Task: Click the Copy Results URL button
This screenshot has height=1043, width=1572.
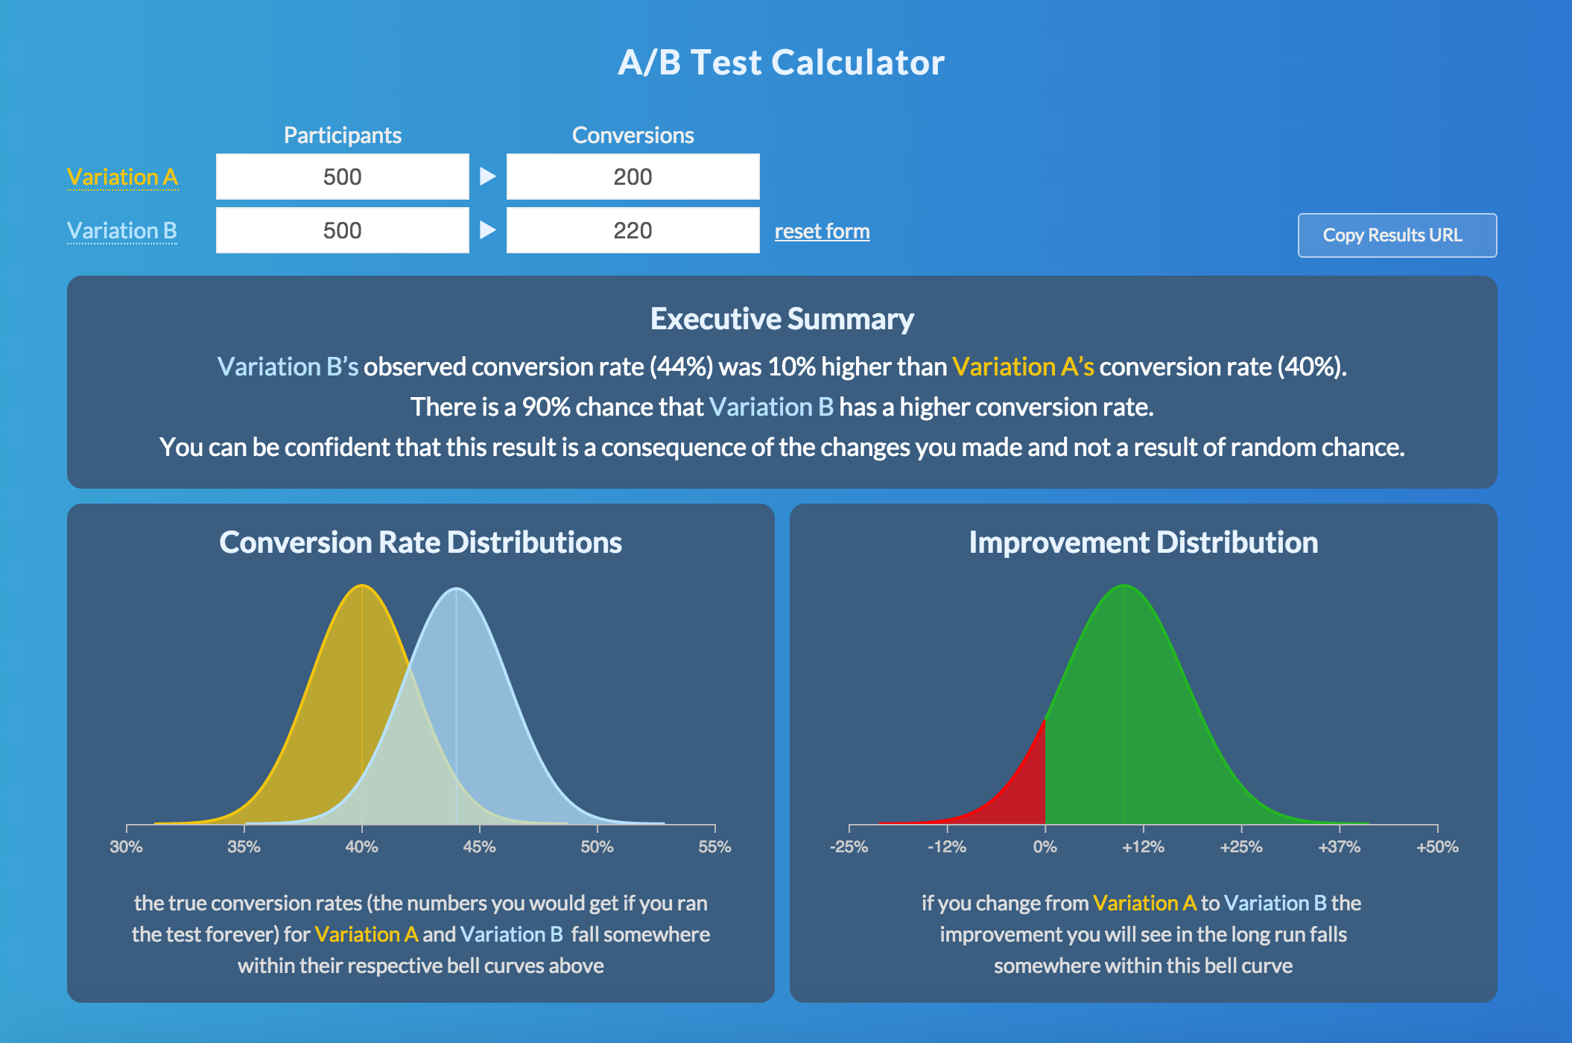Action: tap(1397, 235)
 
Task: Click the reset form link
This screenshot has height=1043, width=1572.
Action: tap(822, 232)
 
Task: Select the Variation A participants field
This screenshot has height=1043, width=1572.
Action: tap(342, 177)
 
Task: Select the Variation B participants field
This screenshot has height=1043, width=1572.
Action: tap(342, 231)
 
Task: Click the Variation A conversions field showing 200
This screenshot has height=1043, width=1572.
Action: tap(633, 177)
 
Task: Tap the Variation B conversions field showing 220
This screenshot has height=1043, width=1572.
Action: tap(633, 231)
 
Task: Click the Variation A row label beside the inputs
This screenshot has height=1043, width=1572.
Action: tap(122, 177)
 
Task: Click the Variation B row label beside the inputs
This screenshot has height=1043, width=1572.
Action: tap(122, 231)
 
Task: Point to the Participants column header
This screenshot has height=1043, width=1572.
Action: tap(342, 136)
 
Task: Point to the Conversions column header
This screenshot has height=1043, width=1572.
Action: tap(633, 136)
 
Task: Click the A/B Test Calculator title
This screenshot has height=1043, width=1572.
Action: tap(781, 63)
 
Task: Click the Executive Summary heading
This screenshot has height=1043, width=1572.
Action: tap(782, 319)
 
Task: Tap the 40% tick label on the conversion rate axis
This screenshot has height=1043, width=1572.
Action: tap(361, 847)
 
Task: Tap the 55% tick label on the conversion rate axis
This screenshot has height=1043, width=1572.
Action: tap(714, 847)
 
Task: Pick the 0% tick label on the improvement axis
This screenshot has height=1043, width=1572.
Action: tap(1045, 847)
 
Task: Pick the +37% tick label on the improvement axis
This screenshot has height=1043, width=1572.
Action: tap(1339, 847)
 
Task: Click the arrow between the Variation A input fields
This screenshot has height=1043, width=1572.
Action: tap(487, 177)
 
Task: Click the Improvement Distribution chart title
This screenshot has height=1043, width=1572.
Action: tap(1143, 542)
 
